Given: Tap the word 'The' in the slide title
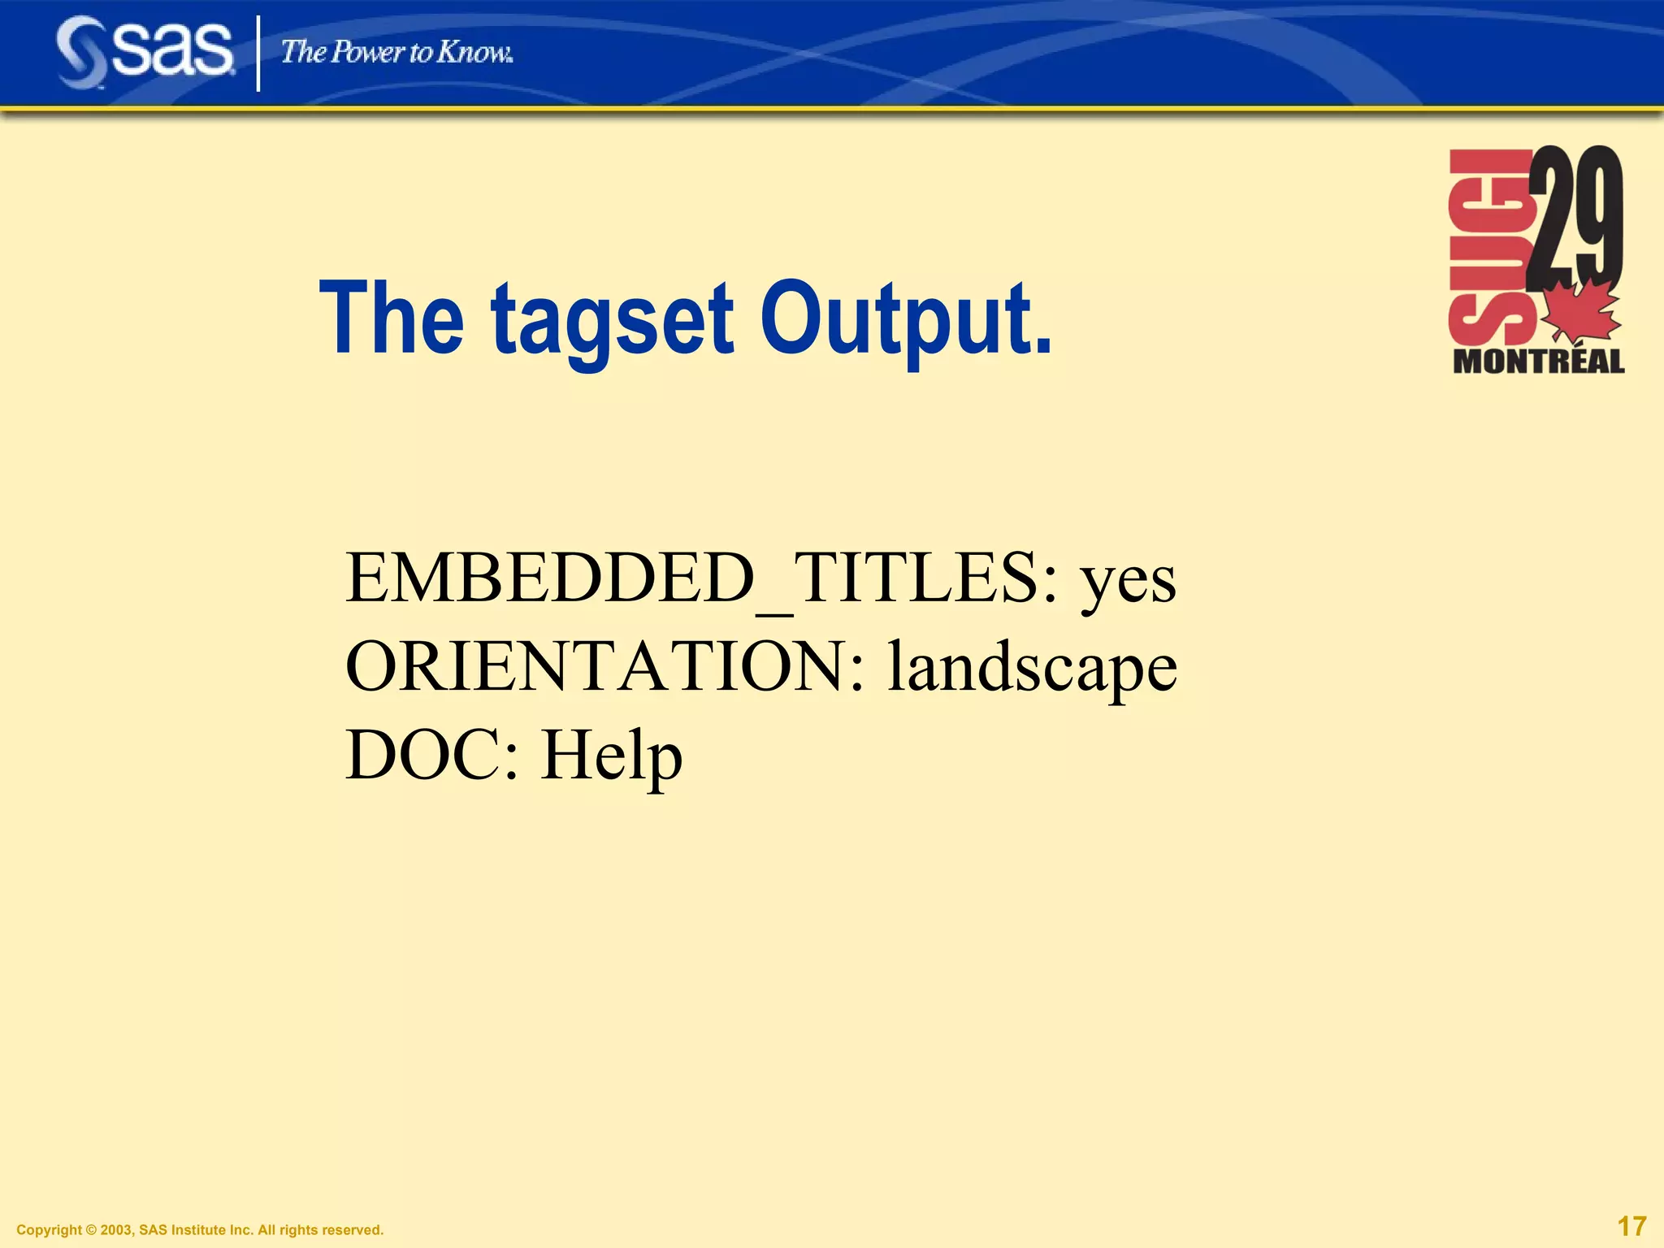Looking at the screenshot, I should (x=392, y=317).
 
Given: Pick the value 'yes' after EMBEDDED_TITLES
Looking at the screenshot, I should (x=1127, y=582).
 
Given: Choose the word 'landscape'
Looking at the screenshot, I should (x=1032, y=668).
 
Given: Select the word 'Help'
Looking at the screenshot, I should (x=611, y=756).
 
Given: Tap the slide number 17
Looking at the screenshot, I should (x=1631, y=1226).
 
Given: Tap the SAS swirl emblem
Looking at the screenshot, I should (x=81, y=53).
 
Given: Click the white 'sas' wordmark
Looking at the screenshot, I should (x=172, y=49).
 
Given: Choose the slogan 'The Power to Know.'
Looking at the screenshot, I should (x=396, y=53).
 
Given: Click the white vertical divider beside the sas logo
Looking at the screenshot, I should (x=258, y=54).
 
